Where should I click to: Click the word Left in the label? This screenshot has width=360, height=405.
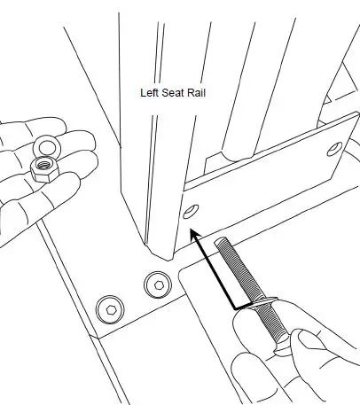tap(151, 91)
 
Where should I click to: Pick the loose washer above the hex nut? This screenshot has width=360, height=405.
tap(43, 144)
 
